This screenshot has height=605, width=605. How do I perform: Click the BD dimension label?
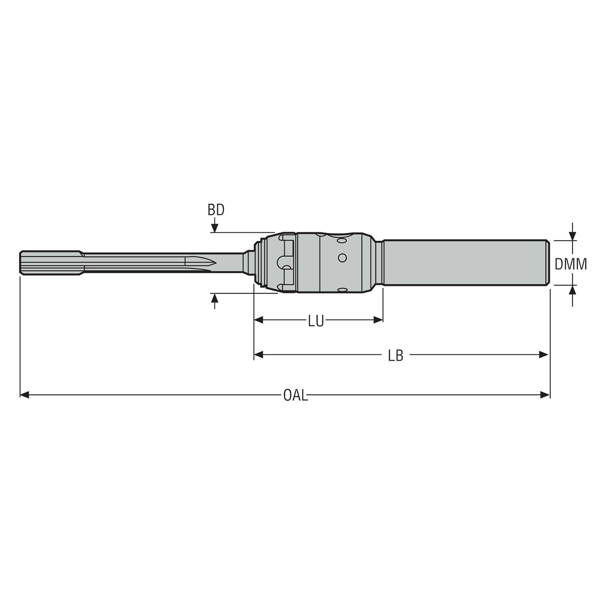point(216,210)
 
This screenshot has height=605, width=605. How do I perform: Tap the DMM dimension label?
point(571,264)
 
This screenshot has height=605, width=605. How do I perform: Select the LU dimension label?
point(316,321)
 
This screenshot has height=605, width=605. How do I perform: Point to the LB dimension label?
point(396,356)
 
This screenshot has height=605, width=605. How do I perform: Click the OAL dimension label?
point(295,396)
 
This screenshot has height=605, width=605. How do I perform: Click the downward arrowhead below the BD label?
point(215,229)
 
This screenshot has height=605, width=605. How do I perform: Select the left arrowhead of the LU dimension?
point(259,320)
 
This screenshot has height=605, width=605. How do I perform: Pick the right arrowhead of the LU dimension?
point(378,320)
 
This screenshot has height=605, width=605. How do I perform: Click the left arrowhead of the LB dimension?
point(259,355)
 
